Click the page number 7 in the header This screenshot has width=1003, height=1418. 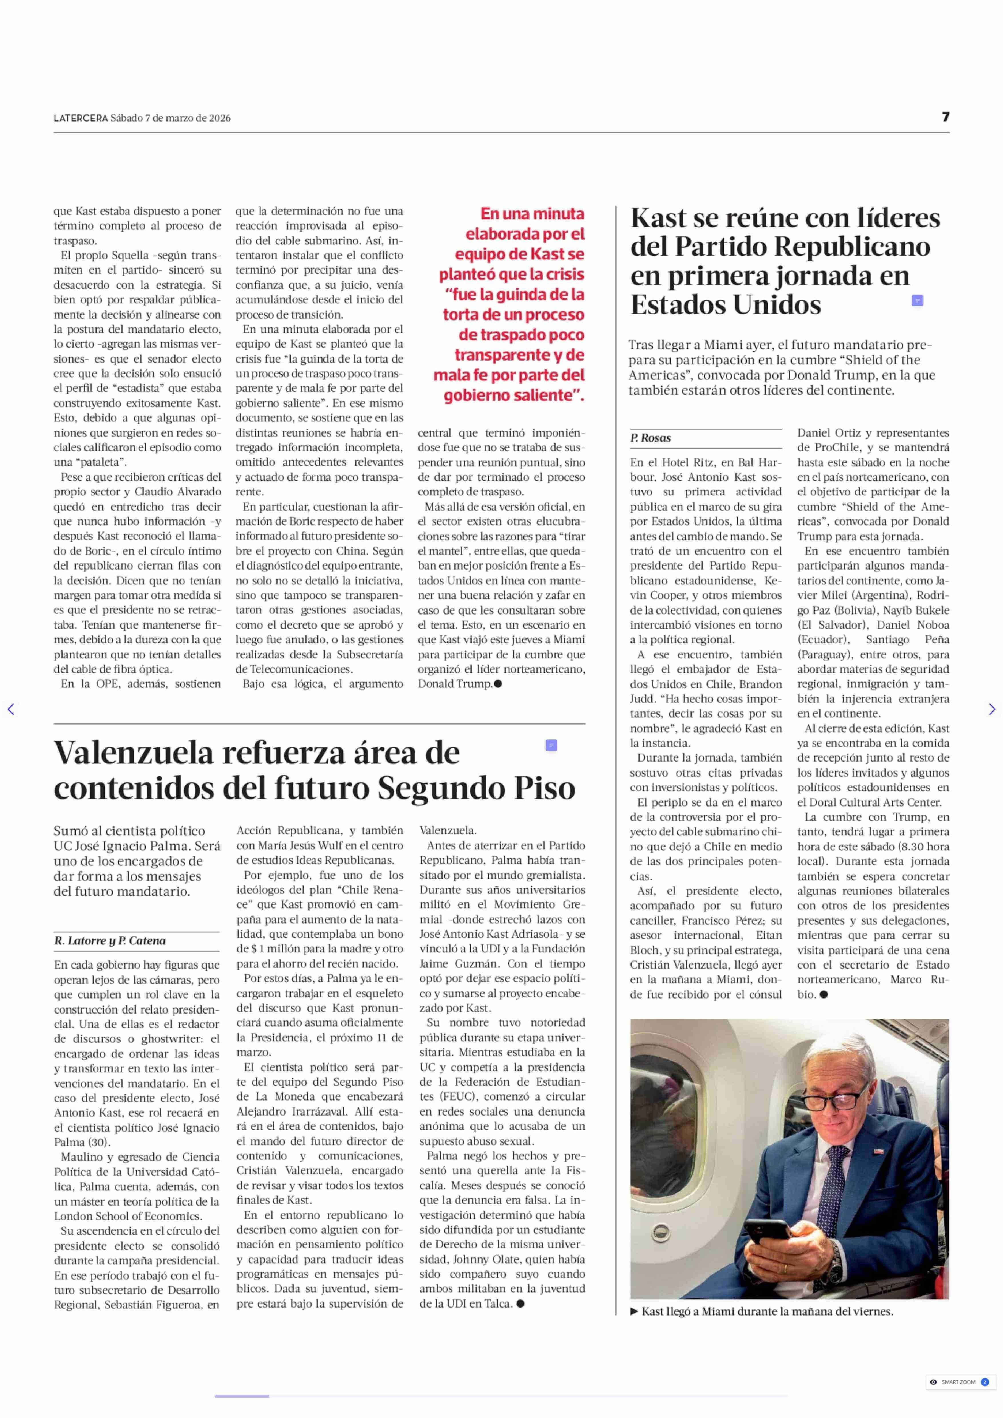[x=945, y=117]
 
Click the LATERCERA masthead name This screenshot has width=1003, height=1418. [x=80, y=118]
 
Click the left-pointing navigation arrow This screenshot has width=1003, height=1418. [x=11, y=709]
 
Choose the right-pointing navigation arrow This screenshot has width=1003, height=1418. [x=991, y=709]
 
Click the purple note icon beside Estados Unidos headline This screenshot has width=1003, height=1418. [x=917, y=301]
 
